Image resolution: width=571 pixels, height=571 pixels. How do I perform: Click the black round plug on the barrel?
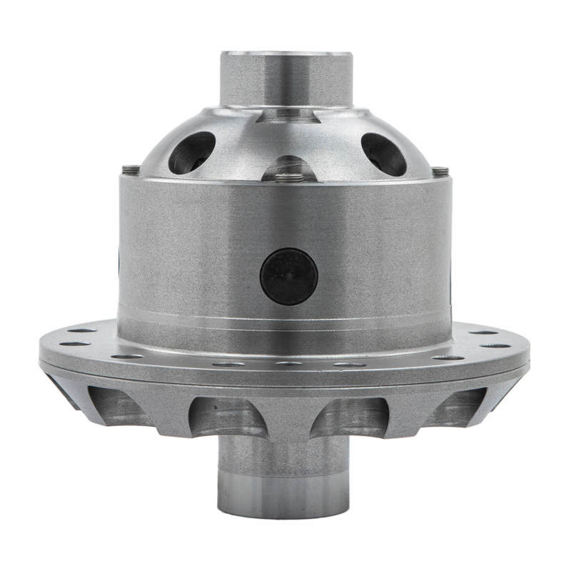point(288,276)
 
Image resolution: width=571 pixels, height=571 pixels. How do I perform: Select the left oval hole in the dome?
point(191,152)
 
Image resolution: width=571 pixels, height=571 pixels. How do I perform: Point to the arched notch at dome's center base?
point(288,168)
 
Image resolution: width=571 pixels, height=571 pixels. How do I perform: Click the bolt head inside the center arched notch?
point(288,176)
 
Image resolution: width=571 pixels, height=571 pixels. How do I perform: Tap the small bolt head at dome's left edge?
point(130,169)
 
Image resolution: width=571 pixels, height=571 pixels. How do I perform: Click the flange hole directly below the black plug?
point(288,363)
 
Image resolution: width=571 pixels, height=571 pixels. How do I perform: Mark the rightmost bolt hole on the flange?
point(500,345)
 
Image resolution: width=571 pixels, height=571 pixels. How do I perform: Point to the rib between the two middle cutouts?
point(288,414)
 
